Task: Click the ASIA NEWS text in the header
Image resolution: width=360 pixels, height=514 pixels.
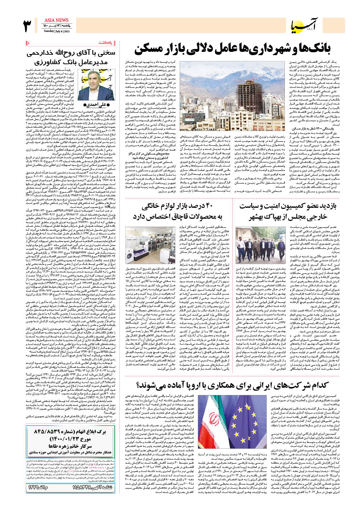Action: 56,20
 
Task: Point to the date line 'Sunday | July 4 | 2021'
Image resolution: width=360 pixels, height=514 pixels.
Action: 57,31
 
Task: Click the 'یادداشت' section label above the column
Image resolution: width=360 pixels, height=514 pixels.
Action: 106,43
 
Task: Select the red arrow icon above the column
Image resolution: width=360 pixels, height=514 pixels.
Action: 28,43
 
